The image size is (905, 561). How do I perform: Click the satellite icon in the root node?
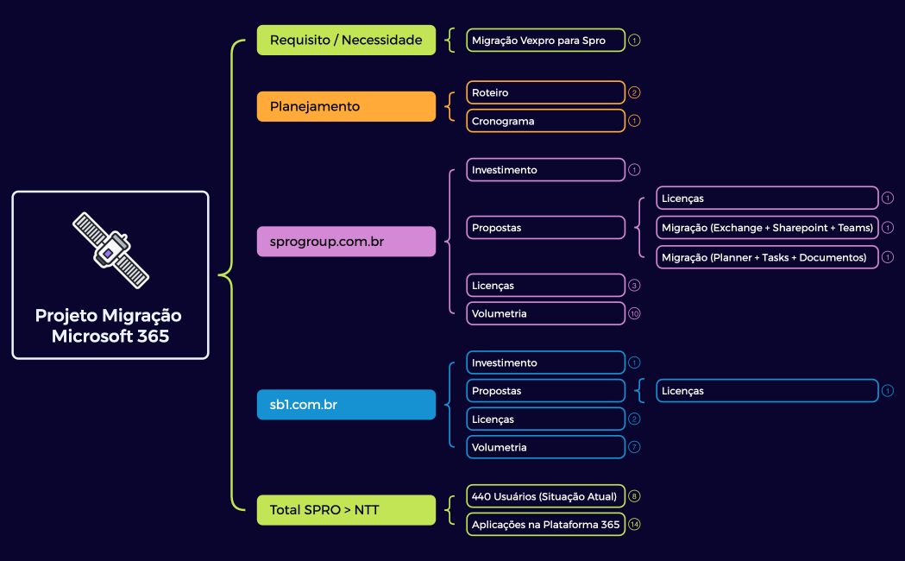tap(110, 249)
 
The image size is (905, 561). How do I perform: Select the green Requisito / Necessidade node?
tap(346, 40)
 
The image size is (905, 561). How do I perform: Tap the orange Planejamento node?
tap(346, 106)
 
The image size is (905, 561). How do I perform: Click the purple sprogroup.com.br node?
tap(346, 242)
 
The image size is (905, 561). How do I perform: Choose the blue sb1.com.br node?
tap(346, 404)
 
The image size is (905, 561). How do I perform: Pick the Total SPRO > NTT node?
tap(346, 510)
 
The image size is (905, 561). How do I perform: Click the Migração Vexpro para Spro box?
tap(545, 40)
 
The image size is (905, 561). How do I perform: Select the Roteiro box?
tap(545, 92)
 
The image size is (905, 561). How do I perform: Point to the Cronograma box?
tap(545, 121)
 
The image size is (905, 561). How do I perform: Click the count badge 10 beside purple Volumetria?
tap(635, 313)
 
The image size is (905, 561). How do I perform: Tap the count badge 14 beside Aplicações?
tap(635, 524)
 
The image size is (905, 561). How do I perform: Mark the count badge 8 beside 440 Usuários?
tap(635, 496)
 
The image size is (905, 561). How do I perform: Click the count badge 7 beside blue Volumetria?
tap(635, 447)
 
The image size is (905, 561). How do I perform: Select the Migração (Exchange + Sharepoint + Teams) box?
tap(767, 228)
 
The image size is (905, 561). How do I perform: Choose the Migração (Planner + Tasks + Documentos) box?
tap(767, 257)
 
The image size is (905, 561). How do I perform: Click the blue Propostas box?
tap(545, 391)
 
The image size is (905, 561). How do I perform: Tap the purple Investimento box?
tap(545, 170)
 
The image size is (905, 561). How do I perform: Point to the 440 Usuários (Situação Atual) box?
tap(545, 496)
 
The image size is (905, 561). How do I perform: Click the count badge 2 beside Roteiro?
tap(635, 92)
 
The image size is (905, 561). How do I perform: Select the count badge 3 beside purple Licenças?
tap(635, 285)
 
